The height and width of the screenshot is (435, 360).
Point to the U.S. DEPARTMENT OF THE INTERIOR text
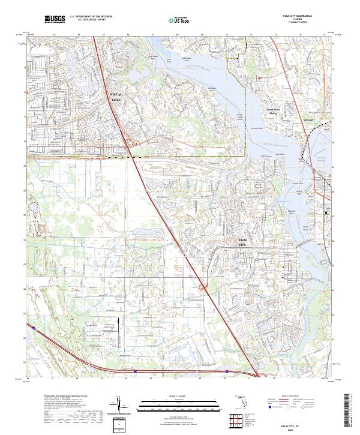pos(91,17)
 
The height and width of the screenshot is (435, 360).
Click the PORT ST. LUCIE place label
pos(115,98)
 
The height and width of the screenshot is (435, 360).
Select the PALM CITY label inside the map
pos(242,242)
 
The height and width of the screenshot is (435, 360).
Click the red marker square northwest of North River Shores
pos(259,79)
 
